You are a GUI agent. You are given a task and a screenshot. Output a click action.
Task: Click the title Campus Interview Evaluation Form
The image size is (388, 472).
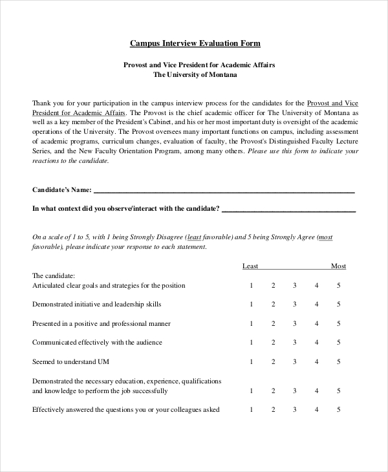click(195, 43)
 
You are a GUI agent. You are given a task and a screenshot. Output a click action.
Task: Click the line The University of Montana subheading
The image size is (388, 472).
click(195, 75)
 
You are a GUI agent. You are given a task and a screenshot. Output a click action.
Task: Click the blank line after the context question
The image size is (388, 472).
click(288, 209)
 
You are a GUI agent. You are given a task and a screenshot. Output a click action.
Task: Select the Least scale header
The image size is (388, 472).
click(250, 266)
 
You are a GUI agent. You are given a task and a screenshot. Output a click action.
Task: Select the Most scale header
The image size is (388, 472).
click(338, 266)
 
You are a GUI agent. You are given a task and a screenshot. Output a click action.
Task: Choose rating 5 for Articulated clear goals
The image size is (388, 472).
click(338, 285)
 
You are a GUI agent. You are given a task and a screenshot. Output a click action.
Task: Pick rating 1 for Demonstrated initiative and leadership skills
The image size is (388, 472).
click(251, 304)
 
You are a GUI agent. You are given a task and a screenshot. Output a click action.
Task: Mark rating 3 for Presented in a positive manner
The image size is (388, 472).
click(294, 323)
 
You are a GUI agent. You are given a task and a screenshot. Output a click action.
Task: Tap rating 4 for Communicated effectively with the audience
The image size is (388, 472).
click(316, 342)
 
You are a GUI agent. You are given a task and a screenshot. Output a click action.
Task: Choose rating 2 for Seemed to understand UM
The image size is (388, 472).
click(273, 361)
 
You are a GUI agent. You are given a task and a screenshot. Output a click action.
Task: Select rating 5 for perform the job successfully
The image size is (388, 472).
click(338, 391)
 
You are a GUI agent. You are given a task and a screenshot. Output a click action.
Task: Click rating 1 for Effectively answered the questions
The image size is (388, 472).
click(251, 409)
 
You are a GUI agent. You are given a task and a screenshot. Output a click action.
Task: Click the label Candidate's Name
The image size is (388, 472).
click(61, 190)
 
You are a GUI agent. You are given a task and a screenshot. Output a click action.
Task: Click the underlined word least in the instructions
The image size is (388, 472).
click(195, 237)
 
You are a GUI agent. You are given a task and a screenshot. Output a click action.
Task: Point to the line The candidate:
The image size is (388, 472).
click(54, 275)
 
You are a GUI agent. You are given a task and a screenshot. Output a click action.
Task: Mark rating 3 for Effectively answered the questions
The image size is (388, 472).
click(294, 409)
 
